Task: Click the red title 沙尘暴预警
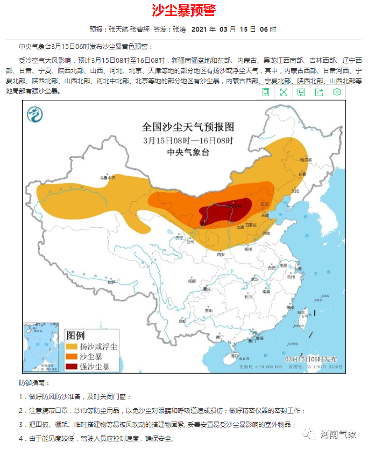(183, 11)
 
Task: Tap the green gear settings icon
(337, 92)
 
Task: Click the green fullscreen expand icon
(284, 92)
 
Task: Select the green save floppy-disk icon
(301, 92)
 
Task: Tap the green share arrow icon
(319, 92)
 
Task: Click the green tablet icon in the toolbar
(266, 92)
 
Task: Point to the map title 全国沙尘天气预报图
(188, 127)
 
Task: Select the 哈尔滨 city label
(306, 159)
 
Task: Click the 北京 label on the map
(264, 204)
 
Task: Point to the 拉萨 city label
(111, 282)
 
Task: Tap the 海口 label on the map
(234, 355)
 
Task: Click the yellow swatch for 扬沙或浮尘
(71, 347)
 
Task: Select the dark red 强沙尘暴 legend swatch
(71, 367)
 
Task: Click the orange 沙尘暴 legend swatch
(71, 357)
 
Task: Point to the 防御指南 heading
(34, 383)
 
